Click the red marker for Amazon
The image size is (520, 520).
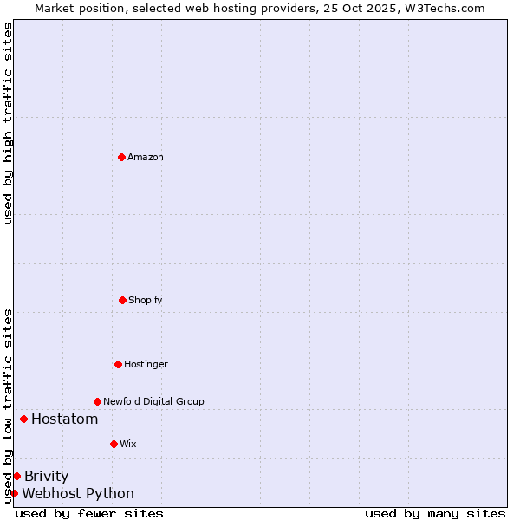(121, 157)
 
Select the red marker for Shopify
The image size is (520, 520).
(122, 300)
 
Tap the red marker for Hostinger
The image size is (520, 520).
(118, 364)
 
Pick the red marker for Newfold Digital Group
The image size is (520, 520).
(97, 401)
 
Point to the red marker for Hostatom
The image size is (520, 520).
(23, 419)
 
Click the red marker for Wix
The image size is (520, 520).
(114, 444)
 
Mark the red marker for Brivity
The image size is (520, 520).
(16, 476)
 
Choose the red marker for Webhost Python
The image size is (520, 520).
(14, 493)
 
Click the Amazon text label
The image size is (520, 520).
(146, 158)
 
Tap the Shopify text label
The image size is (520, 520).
(146, 301)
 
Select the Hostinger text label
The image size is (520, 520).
(146, 365)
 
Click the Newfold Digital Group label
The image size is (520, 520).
(153, 402)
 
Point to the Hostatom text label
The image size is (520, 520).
(64, 419)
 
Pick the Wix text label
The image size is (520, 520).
(128, 445)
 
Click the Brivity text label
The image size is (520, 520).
(46, 476)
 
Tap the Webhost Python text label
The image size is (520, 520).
(78, 494)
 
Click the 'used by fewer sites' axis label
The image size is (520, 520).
(89, 513)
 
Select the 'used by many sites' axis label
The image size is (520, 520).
(435, 513)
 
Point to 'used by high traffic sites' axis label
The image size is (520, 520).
(8, 124)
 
